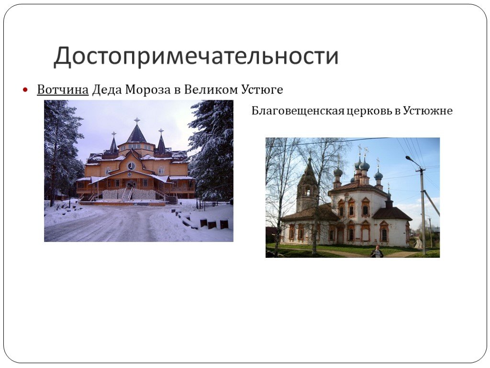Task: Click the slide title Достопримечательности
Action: point(196,57)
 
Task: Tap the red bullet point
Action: point(25,90)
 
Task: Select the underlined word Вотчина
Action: point(63,90)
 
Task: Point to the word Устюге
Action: point(262,90)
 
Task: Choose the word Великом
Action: point(211,90)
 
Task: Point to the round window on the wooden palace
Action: point(131,166)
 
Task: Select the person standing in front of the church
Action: point(377,252)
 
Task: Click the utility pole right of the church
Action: point(423,210)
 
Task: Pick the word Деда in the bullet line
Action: point(107,90)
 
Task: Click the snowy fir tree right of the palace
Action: point(212,150)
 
